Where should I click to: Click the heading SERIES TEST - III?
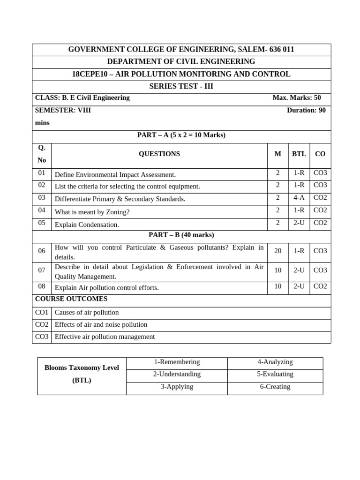click(x=181, y=86)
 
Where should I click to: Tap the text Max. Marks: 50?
click(x=297, y=97)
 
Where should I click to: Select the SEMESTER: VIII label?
click(x=63, y=110)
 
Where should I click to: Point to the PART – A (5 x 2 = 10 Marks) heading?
click(x=181, y=135)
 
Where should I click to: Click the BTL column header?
click(x=299, y=154)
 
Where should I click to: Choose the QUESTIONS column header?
click(x=159, y=154)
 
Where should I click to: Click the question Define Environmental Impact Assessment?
click(x=115, y=174)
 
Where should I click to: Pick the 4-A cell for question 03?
click(x=299, y=198)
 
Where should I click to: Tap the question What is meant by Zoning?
click(x=92, y=212)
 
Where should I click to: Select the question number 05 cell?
click(x=42, y=223)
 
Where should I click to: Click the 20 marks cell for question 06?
click(x=277, y=251)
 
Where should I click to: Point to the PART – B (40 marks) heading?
click(x=181, y=235)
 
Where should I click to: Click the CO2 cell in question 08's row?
click(x=320, y=286)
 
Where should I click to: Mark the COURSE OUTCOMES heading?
click(x=71, y=299)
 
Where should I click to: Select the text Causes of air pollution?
click(x=87, y=312)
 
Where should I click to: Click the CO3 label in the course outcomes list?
click(x=42, y=337)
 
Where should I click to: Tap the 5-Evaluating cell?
click(x=275, y=374)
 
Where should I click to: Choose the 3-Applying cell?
click(x=177, y=387)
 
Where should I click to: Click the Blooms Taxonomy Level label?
click(x=82, y=367)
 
